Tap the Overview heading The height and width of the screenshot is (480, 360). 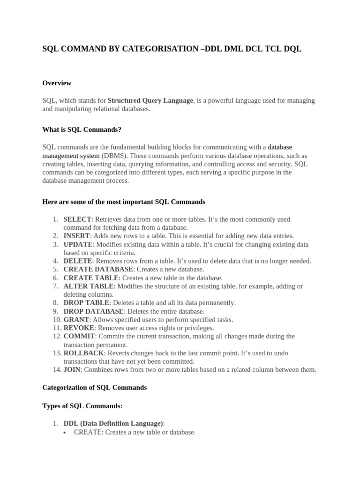tap(57, 83)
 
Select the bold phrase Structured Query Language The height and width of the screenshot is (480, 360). tap(150, 100)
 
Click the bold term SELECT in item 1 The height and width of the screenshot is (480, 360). tap(77, 219)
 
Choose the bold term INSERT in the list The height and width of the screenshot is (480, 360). tap(76, 236)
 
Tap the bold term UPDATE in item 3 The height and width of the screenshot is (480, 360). tap(78, 244)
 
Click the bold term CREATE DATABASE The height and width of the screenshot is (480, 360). tap(98, 269)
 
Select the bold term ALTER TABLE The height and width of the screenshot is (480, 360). tap(88, 286)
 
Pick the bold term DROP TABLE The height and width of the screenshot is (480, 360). tap(86, 303)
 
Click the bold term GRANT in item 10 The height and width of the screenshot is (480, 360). tap(76, 320)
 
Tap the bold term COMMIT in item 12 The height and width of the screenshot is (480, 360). tap(79, 336)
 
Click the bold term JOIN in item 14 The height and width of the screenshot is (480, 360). tap(72, 369)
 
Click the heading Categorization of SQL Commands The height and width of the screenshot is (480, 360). tap(94, 388)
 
